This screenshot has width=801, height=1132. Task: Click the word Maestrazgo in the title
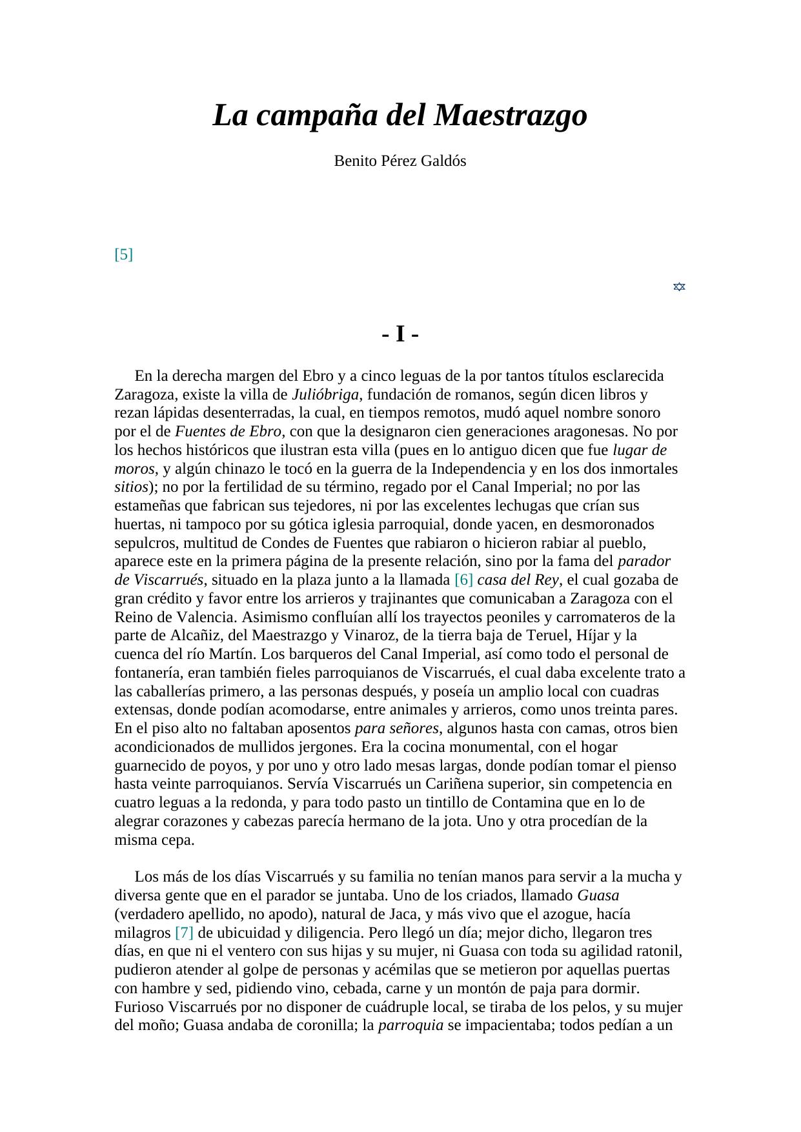click(511, 116)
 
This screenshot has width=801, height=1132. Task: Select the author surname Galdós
click(444, 161)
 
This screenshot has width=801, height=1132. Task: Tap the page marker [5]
click(123, 254)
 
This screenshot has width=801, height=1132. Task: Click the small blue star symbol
click(679, 287)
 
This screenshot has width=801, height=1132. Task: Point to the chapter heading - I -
click(400, 334)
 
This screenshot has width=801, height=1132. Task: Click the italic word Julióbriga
click(325, 394)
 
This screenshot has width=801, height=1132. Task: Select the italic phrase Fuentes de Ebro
click(228, 431)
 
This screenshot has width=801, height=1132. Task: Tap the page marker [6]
click(463, 580)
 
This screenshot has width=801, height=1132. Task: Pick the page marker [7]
click(184, 933)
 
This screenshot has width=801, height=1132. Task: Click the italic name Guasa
click(598, 896)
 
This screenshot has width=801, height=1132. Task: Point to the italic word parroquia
click(411, 1026)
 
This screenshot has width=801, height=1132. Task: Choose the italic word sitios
click(131, 487)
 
